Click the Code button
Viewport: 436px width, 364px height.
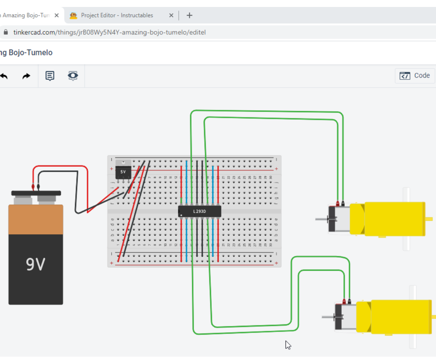tap(415, 76)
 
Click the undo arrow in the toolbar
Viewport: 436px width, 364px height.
tap(4, 76)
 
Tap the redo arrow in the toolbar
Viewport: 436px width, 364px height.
tap(26, 76)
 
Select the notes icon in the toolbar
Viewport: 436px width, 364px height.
tap(50, 76)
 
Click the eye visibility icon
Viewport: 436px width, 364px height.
tap(73, 76)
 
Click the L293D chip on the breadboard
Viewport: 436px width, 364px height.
tap(200, 211)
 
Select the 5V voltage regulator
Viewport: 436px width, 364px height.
tap(123, 170)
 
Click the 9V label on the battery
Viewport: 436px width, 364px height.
tap(36, 264)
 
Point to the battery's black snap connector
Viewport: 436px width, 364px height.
tap(36, 193)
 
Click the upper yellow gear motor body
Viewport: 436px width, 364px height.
tap(394, 219)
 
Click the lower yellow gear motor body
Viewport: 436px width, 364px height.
tap(400, 317)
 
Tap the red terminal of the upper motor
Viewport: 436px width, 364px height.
tap(337, 204)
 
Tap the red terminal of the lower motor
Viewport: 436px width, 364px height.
tap(344, 301)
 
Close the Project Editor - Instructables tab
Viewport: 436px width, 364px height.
tap(171, 15)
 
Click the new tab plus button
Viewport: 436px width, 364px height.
tap(189, 15)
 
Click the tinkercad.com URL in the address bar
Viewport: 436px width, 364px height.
tap(109, 32)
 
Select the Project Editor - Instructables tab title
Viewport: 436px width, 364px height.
tap(117, 15)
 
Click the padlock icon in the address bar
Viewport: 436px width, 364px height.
tap(6, 32)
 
